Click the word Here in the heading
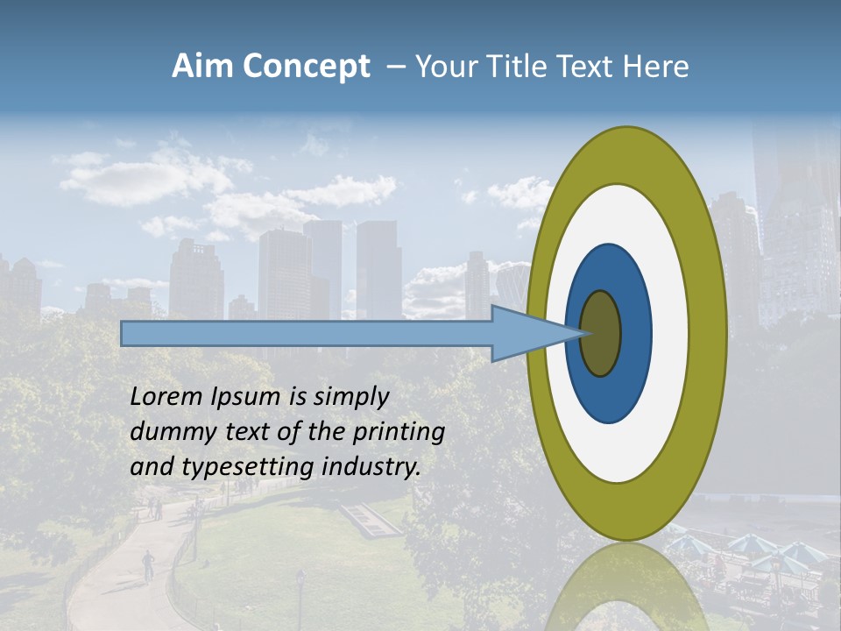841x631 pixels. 656,67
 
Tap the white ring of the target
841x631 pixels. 666,412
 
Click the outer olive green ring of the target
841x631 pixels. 706,333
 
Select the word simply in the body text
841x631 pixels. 351,397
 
